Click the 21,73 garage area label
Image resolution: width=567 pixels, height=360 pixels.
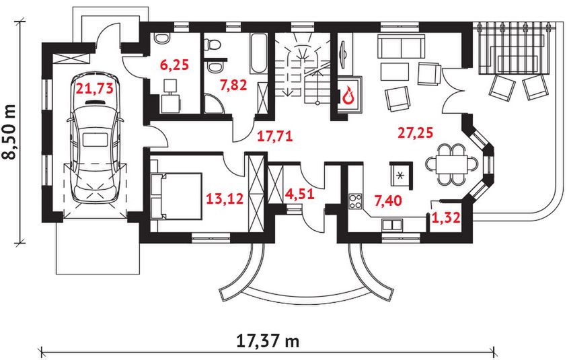pos(94,88)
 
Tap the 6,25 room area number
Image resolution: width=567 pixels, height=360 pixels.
pos(174,65)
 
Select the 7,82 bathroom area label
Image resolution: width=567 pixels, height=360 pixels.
pos(233,85)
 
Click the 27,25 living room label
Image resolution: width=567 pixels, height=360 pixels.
pos(415,133)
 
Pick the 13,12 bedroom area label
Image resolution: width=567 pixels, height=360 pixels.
pos(225,199)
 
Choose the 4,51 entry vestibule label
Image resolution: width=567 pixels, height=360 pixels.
pos(300,194)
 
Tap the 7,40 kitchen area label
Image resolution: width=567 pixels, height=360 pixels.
pos(388,200)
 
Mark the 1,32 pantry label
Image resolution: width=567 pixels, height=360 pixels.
pos(447,218)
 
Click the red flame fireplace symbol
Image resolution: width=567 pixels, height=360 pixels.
pos(348,95)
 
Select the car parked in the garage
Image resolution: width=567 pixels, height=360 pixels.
pos(95,139)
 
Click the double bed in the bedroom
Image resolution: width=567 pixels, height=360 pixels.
pos(176,196)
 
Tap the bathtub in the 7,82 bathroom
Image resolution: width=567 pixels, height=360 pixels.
pos(258,53)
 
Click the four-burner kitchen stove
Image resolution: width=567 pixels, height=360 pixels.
pos(355,201)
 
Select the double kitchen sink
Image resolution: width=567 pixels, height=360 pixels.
pos(392,225)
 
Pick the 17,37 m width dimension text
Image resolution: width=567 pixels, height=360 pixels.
pos(268,340)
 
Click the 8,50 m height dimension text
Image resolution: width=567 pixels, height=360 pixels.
pos(9,132)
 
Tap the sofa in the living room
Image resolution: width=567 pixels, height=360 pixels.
pos(401,46)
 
